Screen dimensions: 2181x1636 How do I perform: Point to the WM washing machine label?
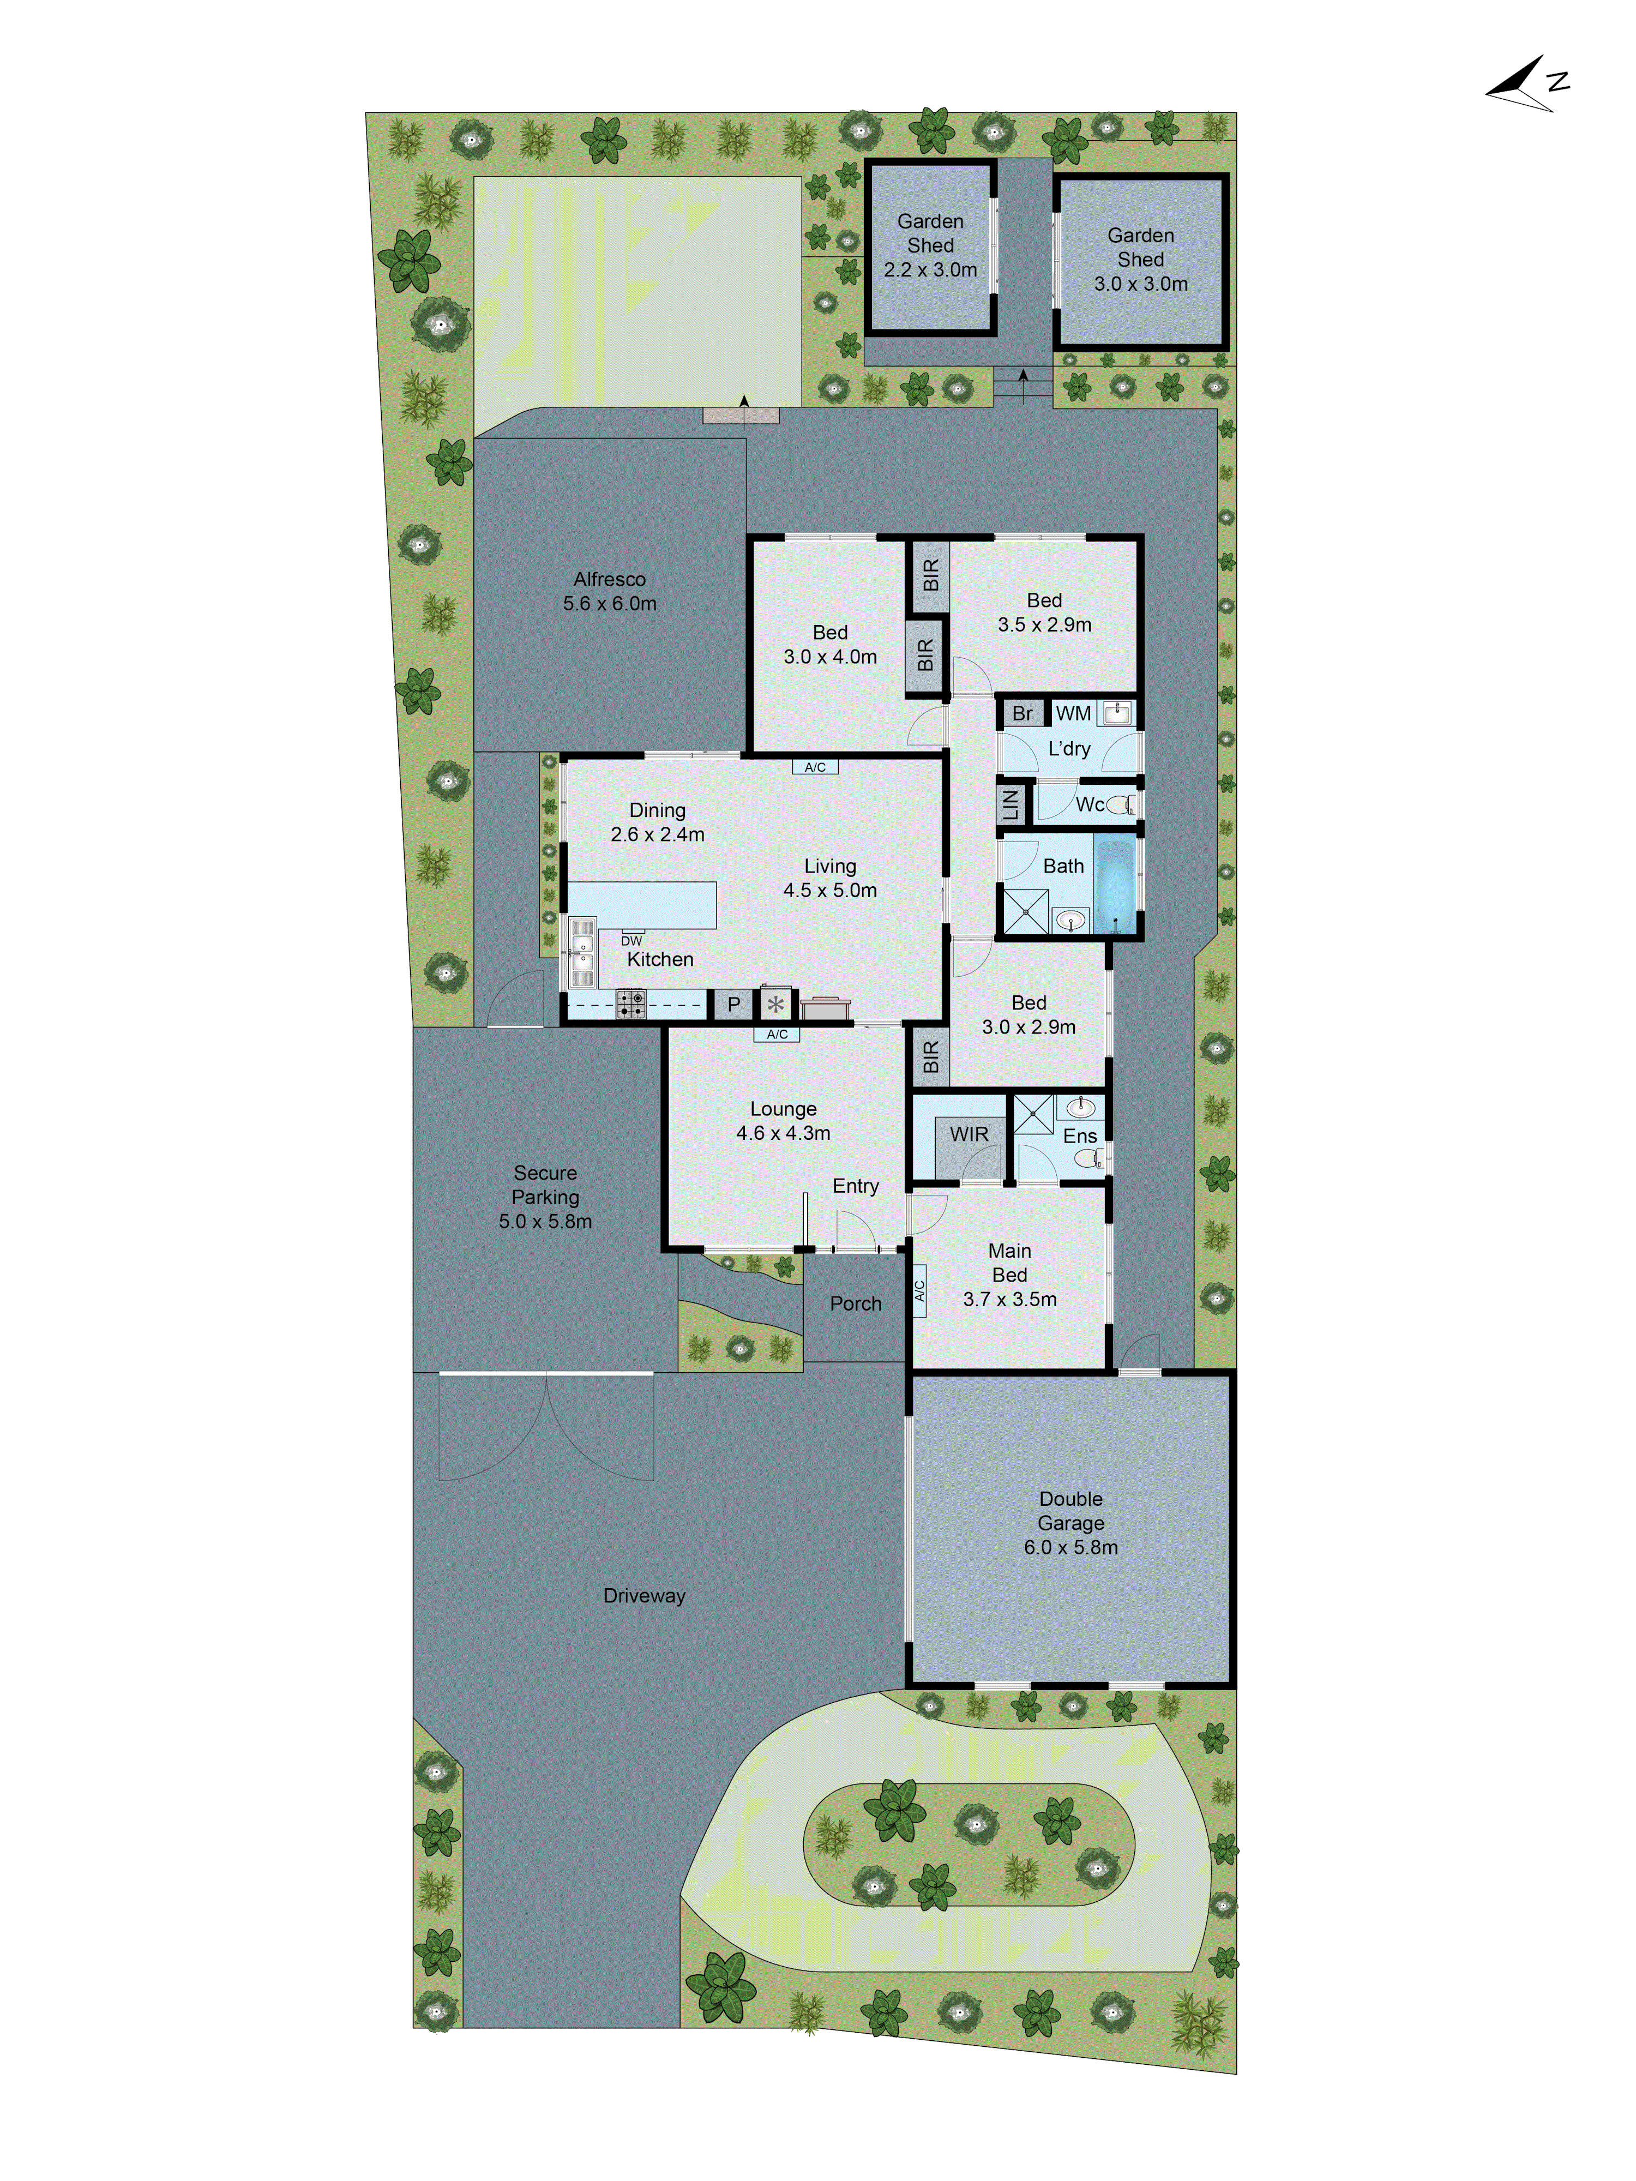(1073, 713)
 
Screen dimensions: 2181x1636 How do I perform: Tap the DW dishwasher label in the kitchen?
(631, 941)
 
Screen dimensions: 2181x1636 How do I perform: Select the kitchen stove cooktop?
(631, 1004)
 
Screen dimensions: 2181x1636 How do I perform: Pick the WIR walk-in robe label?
(969, 1134)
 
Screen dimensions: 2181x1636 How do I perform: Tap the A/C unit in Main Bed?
(919, 1290)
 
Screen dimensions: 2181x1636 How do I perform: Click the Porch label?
(855, 1303)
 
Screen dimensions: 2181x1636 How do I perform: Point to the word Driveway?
(644, 1595)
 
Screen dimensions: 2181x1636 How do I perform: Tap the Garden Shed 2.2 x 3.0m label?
(930, 245)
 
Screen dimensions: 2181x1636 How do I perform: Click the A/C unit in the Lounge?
(777, 1034)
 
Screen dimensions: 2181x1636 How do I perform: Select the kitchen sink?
(582, 952)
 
